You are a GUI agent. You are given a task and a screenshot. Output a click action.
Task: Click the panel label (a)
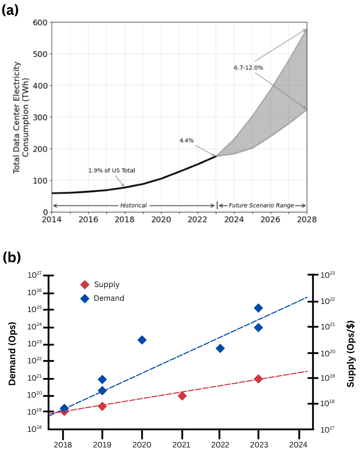click(10, 10)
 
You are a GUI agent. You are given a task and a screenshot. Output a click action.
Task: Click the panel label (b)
click(11, 257)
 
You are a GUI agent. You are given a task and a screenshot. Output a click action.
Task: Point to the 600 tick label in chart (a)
click(40, 23)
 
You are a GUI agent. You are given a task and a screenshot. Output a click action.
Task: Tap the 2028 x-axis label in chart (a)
click(307, 220)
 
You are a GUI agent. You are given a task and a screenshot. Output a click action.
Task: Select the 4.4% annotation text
click(186, 141)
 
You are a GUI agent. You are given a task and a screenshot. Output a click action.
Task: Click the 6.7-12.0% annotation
click(248, 67)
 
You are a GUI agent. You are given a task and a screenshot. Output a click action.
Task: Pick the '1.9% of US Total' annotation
click(111, 170)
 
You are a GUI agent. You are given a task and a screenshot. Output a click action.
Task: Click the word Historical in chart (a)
click(133, 205)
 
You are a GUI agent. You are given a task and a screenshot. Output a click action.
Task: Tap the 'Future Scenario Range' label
click(261, 205)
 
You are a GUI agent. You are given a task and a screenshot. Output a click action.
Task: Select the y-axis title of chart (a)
click(21, 118)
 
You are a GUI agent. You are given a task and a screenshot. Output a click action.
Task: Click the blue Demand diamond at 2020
click(142, 340)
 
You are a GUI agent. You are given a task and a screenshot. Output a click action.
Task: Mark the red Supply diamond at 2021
click(182, 396)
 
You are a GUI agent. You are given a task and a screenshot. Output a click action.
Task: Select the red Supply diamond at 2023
click(258, 379)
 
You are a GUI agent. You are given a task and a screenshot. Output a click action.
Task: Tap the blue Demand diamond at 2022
click(220, 348)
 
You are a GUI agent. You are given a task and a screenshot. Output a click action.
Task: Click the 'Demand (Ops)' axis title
click(12, 353)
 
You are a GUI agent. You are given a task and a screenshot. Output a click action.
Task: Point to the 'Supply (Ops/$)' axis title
click(350, 354)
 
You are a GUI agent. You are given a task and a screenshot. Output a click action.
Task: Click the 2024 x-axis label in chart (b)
click(298, 445)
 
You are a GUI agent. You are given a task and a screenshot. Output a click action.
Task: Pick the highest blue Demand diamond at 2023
click(258, 308)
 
